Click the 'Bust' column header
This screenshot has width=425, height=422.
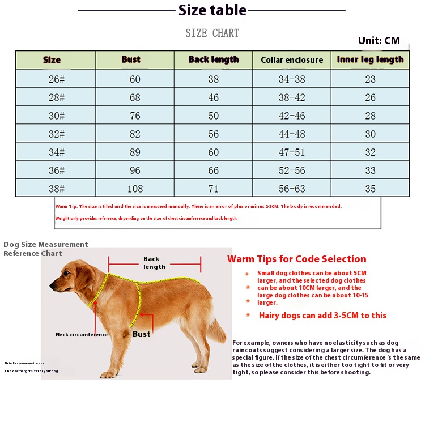(131, 59)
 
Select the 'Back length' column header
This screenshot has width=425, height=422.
(214, 59)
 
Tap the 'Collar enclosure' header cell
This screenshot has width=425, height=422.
(292, 60)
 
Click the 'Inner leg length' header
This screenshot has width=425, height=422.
(370, 59)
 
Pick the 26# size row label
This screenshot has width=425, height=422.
(57, 79)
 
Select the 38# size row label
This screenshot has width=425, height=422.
(57, 189)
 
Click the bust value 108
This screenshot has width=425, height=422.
(135, 189)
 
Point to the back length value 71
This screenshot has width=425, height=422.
(214, 189)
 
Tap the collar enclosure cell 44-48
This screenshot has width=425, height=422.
(292, 134)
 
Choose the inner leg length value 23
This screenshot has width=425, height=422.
(370, 79)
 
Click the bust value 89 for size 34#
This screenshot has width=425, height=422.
(135, 152)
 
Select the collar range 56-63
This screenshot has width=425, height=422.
(292, 189)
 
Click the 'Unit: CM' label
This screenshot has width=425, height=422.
(379, 41)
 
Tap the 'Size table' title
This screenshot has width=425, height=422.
(212, 10)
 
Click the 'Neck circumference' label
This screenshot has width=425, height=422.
(82, 335)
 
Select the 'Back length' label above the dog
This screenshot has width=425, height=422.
(155, 263)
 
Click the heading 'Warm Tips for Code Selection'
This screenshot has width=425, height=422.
(297, 259)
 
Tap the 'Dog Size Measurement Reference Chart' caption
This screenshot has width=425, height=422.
(45, 249)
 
